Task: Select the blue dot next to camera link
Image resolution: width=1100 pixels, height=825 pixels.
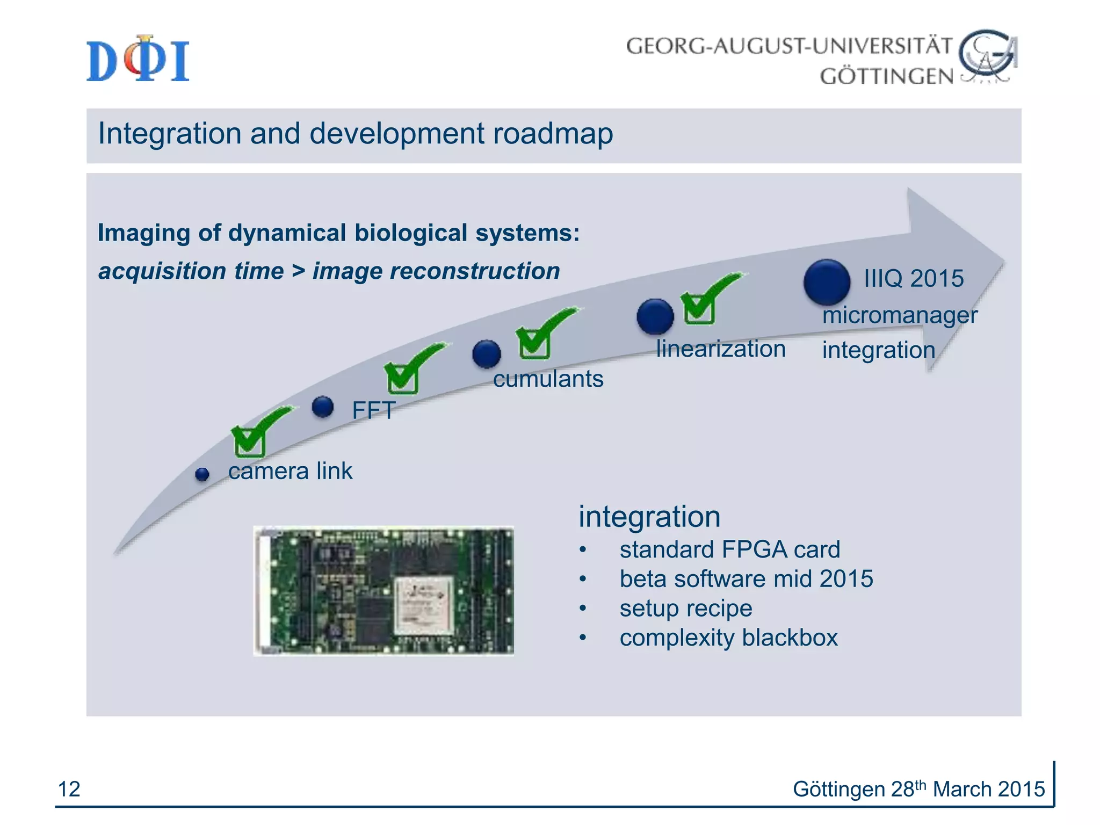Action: [x=202, y=474]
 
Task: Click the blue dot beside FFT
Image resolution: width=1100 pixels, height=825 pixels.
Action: [x=323, y=407]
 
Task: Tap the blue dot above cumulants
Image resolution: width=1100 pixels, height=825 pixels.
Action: [x=487, y=354]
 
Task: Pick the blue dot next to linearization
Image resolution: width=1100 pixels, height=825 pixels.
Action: [x=655, y=316]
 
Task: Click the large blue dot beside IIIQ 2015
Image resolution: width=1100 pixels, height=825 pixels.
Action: [x=827, y=282]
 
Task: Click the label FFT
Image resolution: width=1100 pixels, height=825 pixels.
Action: [x=374, y=411]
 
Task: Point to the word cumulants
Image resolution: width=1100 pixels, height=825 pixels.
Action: [x=548, y=379]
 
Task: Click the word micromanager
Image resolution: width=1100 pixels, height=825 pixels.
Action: [x=900, y=315]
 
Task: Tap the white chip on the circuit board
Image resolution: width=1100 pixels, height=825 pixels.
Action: [x=424, y=605]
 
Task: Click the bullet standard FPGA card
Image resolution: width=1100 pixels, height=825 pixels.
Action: [x=729, y=549]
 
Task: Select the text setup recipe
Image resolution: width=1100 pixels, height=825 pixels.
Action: [x=685, y=609]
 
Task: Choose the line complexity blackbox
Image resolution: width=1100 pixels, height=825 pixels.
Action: [x=728, y=638]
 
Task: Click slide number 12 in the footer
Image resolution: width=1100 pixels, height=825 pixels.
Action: [x=69, y=789]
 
